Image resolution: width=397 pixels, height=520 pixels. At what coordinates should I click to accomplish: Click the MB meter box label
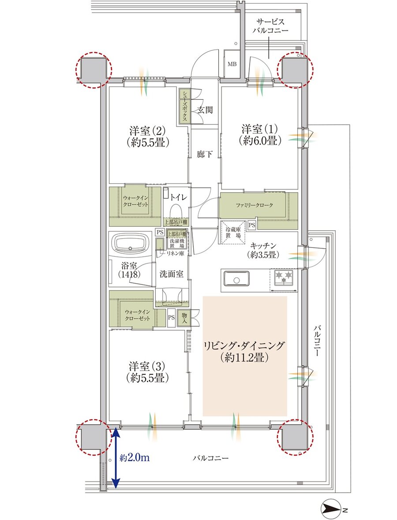pyautogui.click(x=232, y=64)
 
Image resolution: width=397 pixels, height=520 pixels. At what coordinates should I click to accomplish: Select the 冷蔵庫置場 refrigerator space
pyautogui.click(x=233, y=232)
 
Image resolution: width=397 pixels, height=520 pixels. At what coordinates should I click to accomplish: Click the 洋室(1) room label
pyautogui.click(x=259, y=135)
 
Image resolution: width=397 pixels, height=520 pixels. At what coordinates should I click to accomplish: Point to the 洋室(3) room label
pyautogui.click(x=147, y=372)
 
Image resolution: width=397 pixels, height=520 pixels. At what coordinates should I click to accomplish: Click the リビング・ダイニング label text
pyautogui.click(x=244, y=352)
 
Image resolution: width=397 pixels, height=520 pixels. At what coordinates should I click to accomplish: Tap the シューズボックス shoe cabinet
pyautogui.click(x=184, y=106)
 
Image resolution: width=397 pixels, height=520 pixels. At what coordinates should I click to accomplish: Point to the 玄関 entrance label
pyautogui.click(x=205, y=109)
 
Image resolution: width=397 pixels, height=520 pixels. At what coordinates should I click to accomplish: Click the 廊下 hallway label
pyautogui.click(x=205, y=154)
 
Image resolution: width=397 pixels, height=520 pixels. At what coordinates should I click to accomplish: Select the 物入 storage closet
pyautogui.click(x=184, y=318)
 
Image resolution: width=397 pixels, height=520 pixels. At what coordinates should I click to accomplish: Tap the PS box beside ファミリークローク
pyautogui.click(x=251, y=225)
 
